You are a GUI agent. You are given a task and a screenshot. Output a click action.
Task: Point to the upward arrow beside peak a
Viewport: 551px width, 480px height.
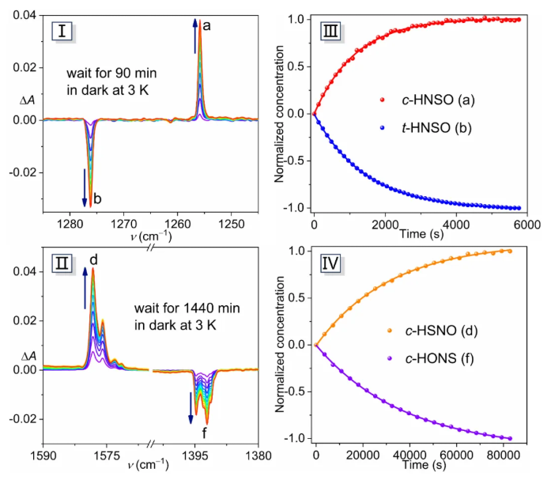point(195,36)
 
